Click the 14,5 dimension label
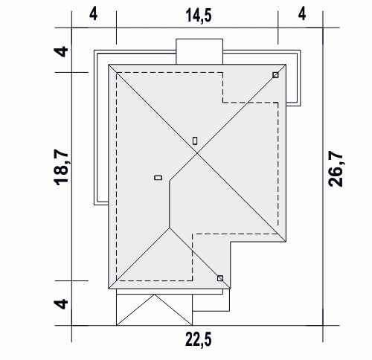pos(199,16)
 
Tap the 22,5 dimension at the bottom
pos(199,339)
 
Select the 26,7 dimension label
pos(336,169)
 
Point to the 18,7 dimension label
pos(61,168)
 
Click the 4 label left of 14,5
pos(93,14)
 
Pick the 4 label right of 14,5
pos(302,14)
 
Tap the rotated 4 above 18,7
pos(61,51)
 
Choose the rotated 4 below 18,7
pos(61,303)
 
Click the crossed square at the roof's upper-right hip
pos(275,75)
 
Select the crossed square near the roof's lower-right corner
pos(220,278)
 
